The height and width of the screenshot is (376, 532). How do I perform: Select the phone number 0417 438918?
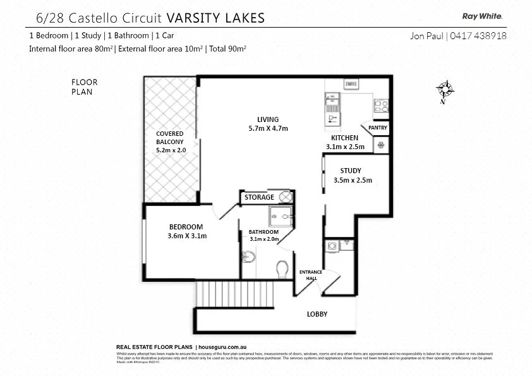point(478,36)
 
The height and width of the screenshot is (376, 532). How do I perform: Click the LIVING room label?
point(267,119)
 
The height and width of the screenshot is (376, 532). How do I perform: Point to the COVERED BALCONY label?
point(169,138)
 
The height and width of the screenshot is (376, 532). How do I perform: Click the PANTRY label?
point(377,128)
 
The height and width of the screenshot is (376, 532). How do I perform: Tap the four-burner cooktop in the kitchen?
point(380,106)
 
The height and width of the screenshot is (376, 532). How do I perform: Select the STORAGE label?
point(259,197)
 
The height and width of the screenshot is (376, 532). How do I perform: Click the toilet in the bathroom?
point(282,270)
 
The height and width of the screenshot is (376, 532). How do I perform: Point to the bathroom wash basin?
point(248,257)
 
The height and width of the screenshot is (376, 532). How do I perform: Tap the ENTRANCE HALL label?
point(310,275)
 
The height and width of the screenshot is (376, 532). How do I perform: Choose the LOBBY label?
point(317,314)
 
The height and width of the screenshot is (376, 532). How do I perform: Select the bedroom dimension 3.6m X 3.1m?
point(188,236)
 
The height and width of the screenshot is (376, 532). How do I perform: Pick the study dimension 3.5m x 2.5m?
point(353,180)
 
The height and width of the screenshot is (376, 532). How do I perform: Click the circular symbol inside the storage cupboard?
point(285,197)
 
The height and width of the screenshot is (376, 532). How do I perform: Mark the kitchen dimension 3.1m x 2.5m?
point(345,147)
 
